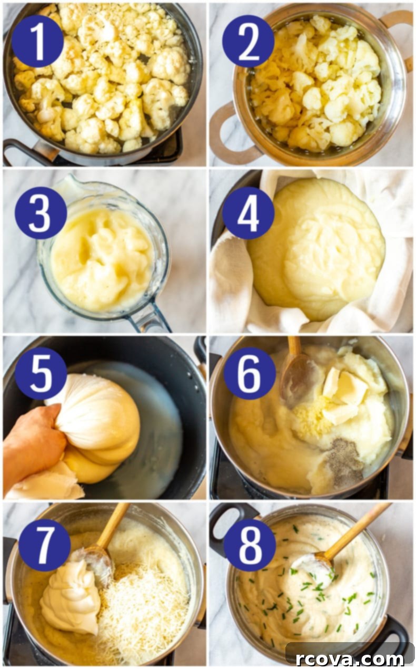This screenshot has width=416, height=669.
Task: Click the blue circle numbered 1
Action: pyautogui.click(x=38, y=42)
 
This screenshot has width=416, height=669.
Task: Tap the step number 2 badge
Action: pyautogui.click(x=249, y=42)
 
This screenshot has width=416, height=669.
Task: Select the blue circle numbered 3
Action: pyautogui.click(x=41, y=213)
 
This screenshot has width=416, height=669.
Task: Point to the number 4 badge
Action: pyautogui.click(x=249, y=213)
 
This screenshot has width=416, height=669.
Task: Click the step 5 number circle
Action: pyautogui.click(x=41, y=373)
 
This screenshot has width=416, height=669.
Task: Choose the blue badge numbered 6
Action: pyautogui.click(x=250, y=373)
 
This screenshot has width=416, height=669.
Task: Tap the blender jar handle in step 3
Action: pyautogui.click(x=149, y=317)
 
